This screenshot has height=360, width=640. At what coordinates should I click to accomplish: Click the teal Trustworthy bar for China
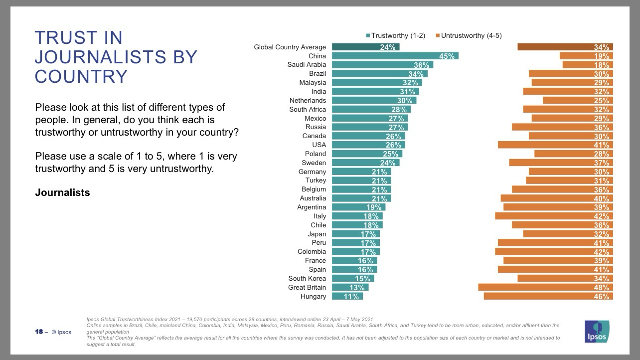coord(395,56)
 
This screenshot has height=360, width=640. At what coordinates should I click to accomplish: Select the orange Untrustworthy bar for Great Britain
coord(545,287)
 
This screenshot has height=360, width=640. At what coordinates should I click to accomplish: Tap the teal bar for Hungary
coord(347,296)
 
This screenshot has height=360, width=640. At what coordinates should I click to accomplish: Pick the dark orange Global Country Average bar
coord(565,47)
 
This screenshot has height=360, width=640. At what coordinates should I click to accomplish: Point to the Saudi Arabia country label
coord(307,65)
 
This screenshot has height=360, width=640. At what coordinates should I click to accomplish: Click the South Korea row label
coord(307,278)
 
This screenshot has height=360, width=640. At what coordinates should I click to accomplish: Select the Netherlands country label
coord(308,100)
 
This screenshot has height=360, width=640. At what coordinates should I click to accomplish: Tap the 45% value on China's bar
coord(447,56)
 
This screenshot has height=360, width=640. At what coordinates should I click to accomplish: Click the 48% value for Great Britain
coord(601,288)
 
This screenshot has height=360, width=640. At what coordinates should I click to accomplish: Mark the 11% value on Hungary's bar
coord(351,297)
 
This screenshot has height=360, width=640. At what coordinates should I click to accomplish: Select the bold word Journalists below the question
coord(62,192)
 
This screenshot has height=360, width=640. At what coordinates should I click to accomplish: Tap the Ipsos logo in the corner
coord(597,332)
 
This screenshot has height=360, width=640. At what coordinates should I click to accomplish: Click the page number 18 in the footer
coord(39,332)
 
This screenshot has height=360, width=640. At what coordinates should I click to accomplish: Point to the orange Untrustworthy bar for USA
coord(555,145)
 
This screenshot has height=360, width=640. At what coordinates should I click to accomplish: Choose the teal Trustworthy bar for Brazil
coord(379,74)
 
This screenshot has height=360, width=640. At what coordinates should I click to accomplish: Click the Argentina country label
coord(312,207)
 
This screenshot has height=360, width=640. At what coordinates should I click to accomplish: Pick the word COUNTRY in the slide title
coord(81,76)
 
